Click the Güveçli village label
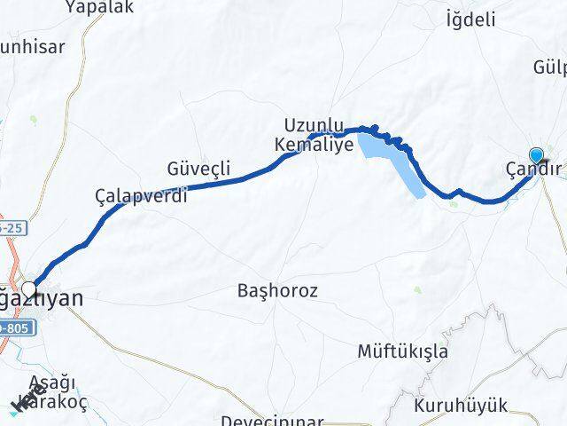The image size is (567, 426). (198, 168)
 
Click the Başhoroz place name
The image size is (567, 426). (278, 290)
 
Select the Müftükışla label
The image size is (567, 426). (402, 351)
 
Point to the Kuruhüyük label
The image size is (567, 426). (461, 406)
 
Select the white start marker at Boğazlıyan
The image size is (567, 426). (30, 289)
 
